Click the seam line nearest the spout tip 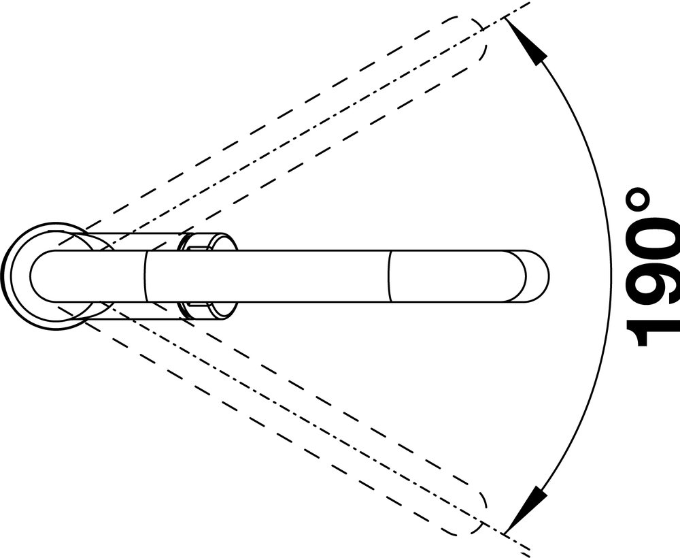pos(389,276)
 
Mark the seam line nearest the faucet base pos(146,276)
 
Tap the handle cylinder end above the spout pos(207,242)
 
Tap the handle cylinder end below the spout pos(207,310)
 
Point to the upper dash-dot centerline pos(299,127)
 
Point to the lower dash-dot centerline pos(299,425)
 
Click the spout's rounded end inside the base pos(38,276)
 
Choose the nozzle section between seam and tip pos(469,276)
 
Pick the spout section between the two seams pos(267,276)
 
